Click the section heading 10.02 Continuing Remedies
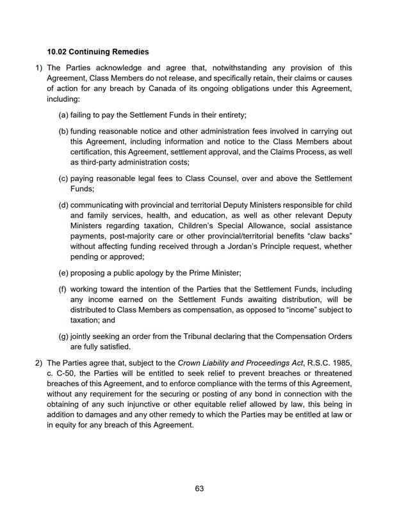point(98,51)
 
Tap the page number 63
point(199,489)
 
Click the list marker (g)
point(63,336)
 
